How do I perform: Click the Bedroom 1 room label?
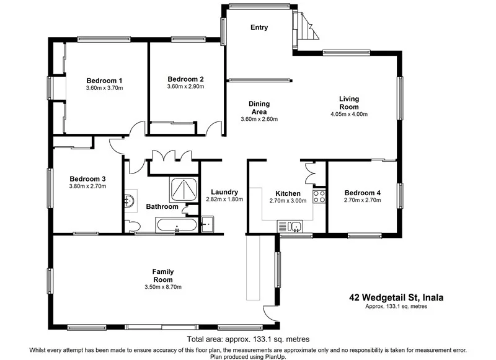point(104,80)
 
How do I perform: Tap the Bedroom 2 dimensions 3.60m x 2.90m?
point(185,87)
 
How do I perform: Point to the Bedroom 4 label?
point(362,192)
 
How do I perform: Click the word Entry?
point(259,27)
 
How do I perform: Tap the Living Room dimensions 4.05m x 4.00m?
point(349,114)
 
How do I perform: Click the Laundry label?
point(224,191)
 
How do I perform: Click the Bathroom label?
point(162,206)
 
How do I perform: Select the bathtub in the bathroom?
point(177,225)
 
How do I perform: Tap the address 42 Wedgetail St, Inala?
point(396,297)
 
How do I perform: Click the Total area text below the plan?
point(247,339)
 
